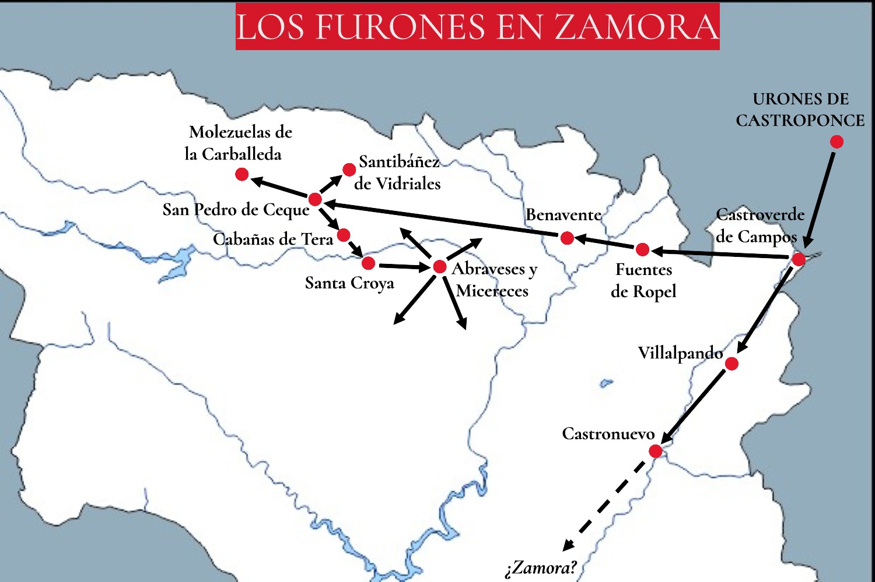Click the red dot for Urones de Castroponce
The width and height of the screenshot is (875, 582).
coord(836,142)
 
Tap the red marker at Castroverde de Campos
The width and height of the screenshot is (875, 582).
coord(798,259)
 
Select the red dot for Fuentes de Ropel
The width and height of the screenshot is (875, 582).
coord(642,249)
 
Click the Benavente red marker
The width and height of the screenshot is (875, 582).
coord(566,238)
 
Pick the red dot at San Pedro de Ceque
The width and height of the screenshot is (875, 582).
coord(314,199)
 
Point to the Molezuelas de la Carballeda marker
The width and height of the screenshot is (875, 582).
coord(242,174)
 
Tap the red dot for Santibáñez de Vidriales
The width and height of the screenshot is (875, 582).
coord(349,170)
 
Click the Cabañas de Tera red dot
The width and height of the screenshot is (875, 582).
coord(344,235)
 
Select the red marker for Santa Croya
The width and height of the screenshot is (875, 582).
coord(368,263)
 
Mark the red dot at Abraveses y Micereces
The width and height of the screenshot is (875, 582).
coord(440,267)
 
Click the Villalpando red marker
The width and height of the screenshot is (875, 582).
coord(731,364)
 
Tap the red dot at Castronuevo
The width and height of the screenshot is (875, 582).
coord(655,451)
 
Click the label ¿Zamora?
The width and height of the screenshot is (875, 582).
coord(540,567)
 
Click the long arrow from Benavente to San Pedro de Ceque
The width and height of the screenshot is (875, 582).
coord(443,219)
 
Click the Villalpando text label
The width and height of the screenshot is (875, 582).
coord(680,353)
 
